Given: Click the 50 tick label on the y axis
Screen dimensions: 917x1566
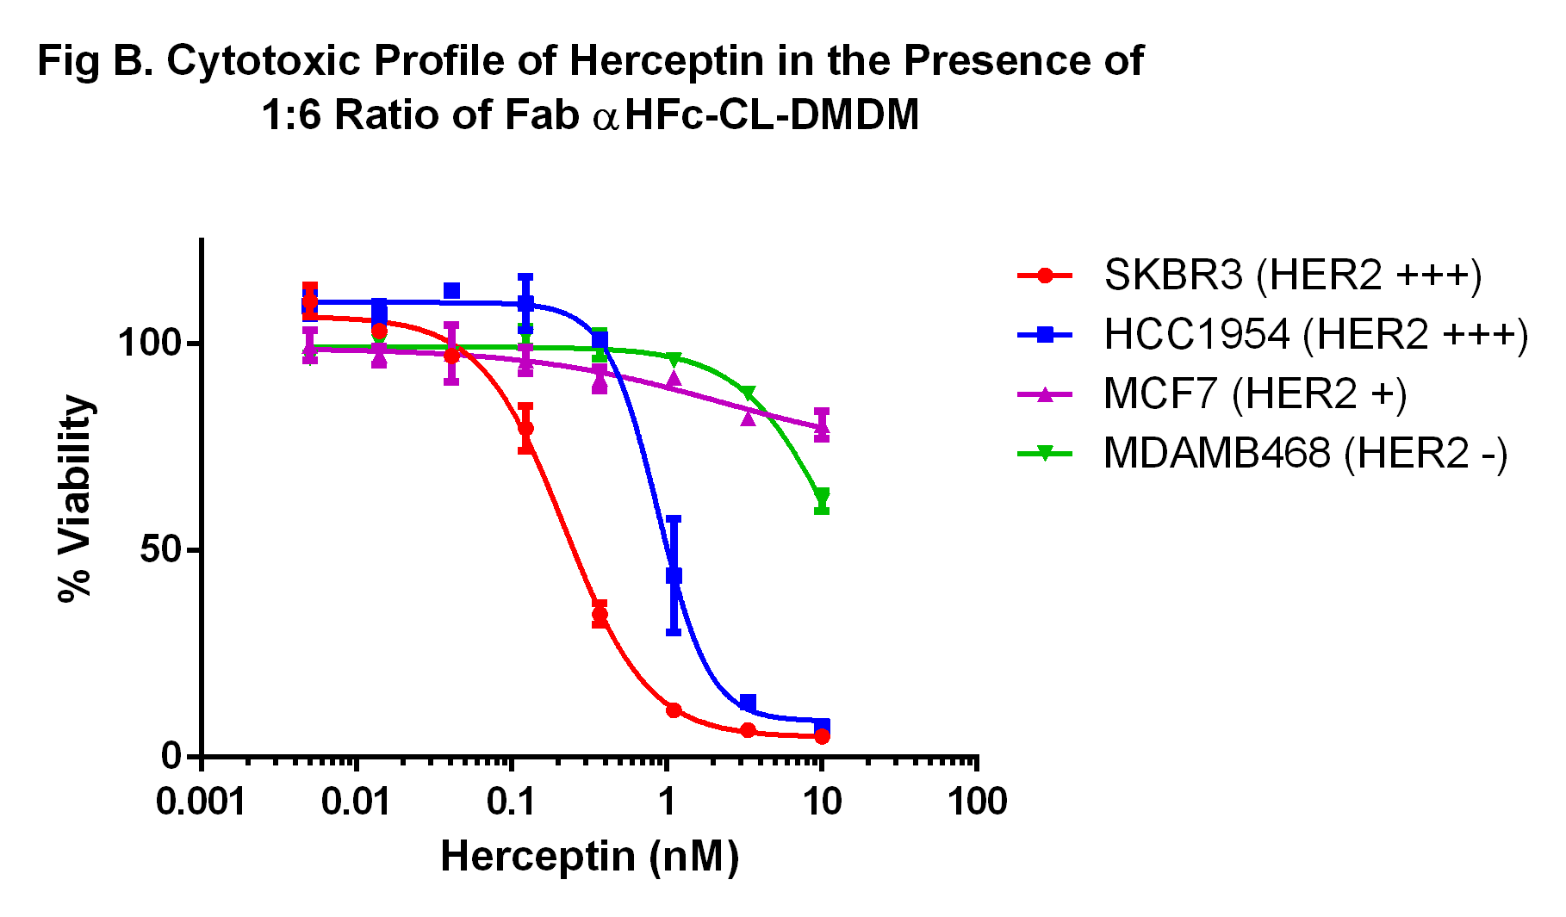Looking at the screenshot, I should tap(161, 550).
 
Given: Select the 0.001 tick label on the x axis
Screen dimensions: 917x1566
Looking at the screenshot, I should tap(201, 802).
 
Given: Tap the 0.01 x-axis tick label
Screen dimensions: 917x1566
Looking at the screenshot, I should tap(356, 802).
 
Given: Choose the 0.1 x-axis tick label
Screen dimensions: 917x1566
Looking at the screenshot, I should tap(512, 802).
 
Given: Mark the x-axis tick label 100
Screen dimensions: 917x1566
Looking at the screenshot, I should tap(977, 802).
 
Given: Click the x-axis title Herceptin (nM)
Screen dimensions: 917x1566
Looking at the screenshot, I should tap(589, 857).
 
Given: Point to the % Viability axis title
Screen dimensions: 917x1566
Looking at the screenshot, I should tap(75, 499).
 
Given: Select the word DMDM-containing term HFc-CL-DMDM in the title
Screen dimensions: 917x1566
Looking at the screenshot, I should tap(772, 115).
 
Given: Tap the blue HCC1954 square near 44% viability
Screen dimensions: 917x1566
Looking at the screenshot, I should tap(674, 575).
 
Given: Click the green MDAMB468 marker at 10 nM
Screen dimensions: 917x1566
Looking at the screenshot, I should tap(822, 497).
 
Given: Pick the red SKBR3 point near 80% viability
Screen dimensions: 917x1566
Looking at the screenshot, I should tap(525, 428).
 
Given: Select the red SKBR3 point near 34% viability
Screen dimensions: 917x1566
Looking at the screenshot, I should tap(600, 614).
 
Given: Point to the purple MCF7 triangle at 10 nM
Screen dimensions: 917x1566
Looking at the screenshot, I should tap(822, 425).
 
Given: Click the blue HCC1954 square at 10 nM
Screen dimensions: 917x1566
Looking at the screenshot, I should tap(822, 726).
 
